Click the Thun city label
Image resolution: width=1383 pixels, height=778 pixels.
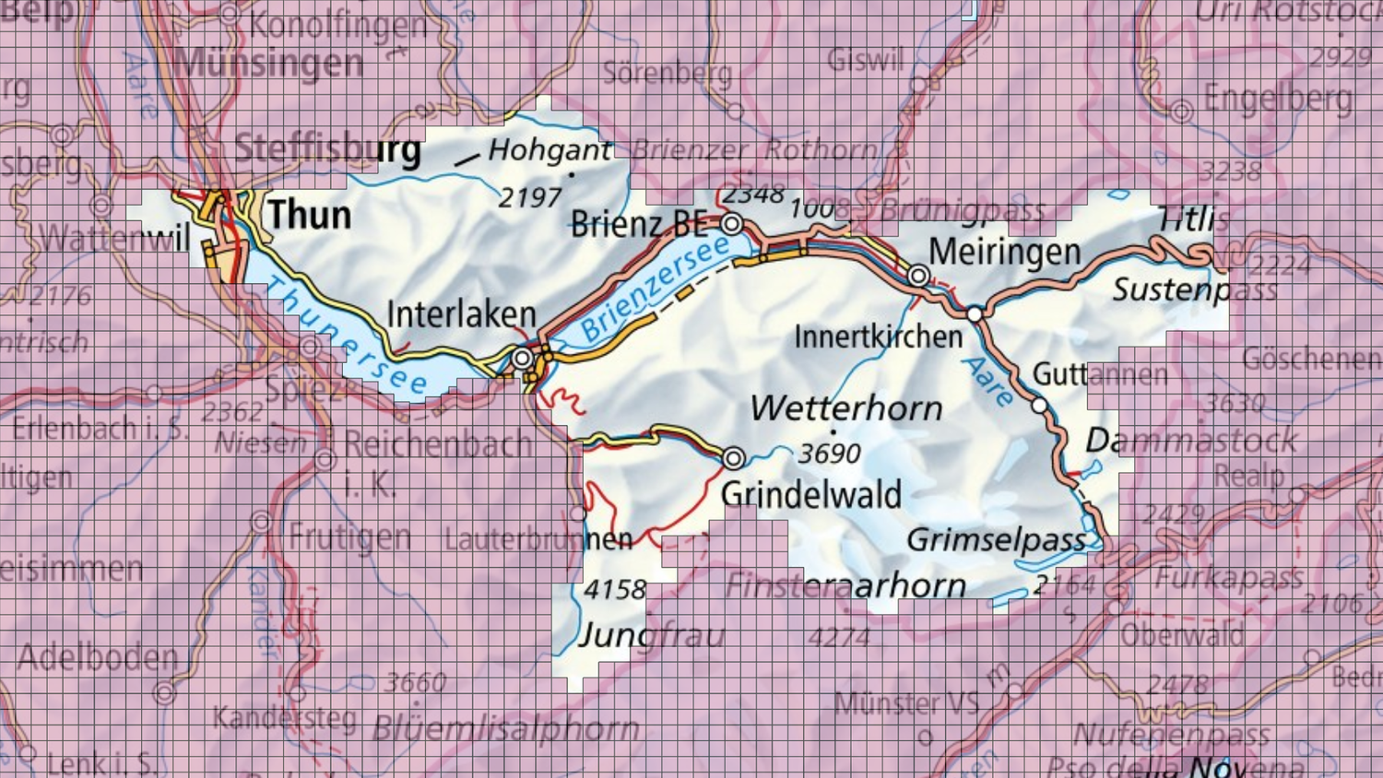click(310, 215)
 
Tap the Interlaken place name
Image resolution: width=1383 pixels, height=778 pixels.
click(461, 314)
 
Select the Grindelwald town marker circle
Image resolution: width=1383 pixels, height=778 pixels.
click(733, 457)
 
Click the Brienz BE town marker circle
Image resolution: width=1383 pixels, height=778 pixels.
click(732, 223)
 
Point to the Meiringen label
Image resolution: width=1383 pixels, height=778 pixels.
click(1004, 251)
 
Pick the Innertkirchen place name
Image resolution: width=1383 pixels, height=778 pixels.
click(878, 336)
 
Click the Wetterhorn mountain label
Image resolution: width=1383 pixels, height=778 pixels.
click(845, 408)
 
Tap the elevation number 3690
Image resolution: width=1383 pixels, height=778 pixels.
click(829, 454)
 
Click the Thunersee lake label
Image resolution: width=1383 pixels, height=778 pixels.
click(346, 336)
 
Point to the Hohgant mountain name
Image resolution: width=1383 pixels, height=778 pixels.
click(550, 149)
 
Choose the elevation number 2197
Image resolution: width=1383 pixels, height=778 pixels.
click(529, 197)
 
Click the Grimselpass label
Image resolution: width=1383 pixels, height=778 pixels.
click(996, 540)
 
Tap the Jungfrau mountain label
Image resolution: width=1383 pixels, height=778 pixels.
click(651, 634)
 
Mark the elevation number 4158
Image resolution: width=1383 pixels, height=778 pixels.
click(615, 589)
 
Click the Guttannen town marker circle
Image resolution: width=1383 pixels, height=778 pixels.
click(1039, 406)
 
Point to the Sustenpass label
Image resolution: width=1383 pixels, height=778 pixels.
click(1194, 290)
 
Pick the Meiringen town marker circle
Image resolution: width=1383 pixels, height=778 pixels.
click(918, 276)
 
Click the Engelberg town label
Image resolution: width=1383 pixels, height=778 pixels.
click(1278, 99)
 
